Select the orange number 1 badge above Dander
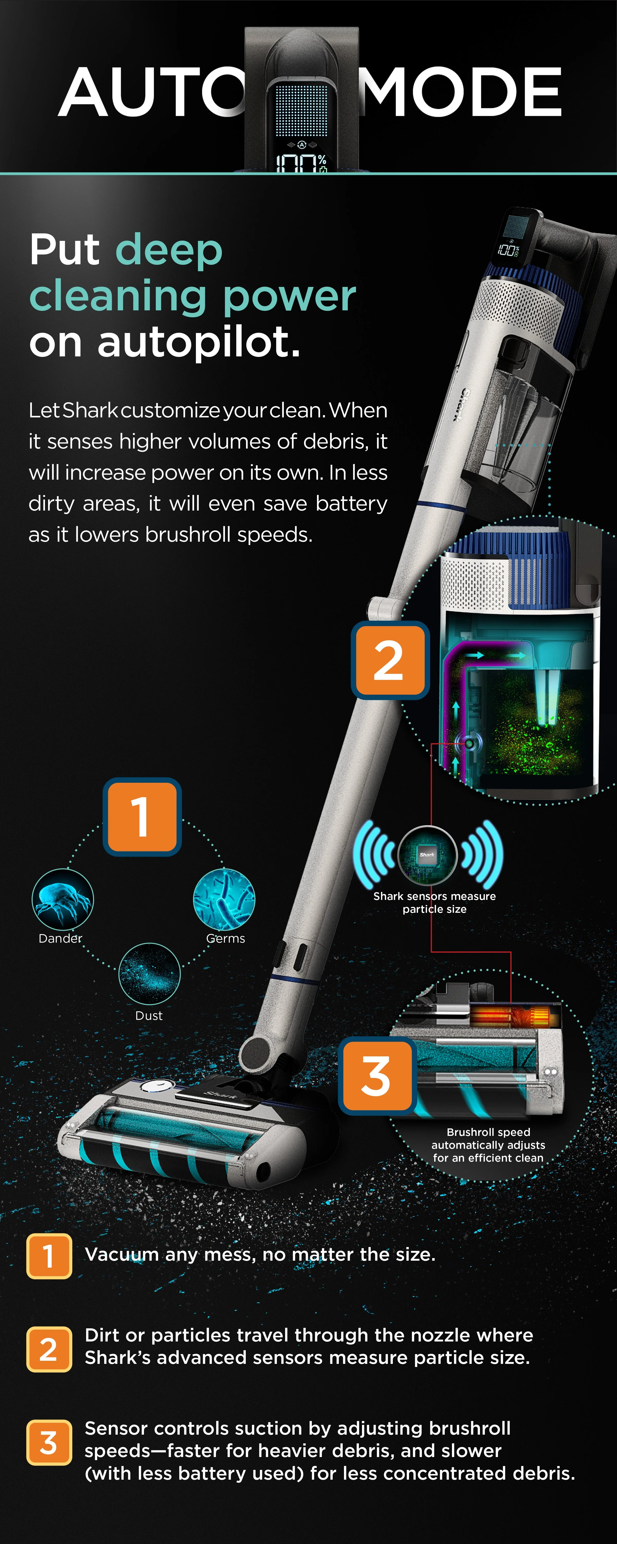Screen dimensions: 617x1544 142,816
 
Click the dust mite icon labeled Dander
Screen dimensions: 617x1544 62,899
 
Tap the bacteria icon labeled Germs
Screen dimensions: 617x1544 224,899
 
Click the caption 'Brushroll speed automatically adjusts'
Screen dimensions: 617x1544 488,1138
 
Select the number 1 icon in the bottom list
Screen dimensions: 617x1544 49,1256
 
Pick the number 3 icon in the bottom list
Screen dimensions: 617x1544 49,1442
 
